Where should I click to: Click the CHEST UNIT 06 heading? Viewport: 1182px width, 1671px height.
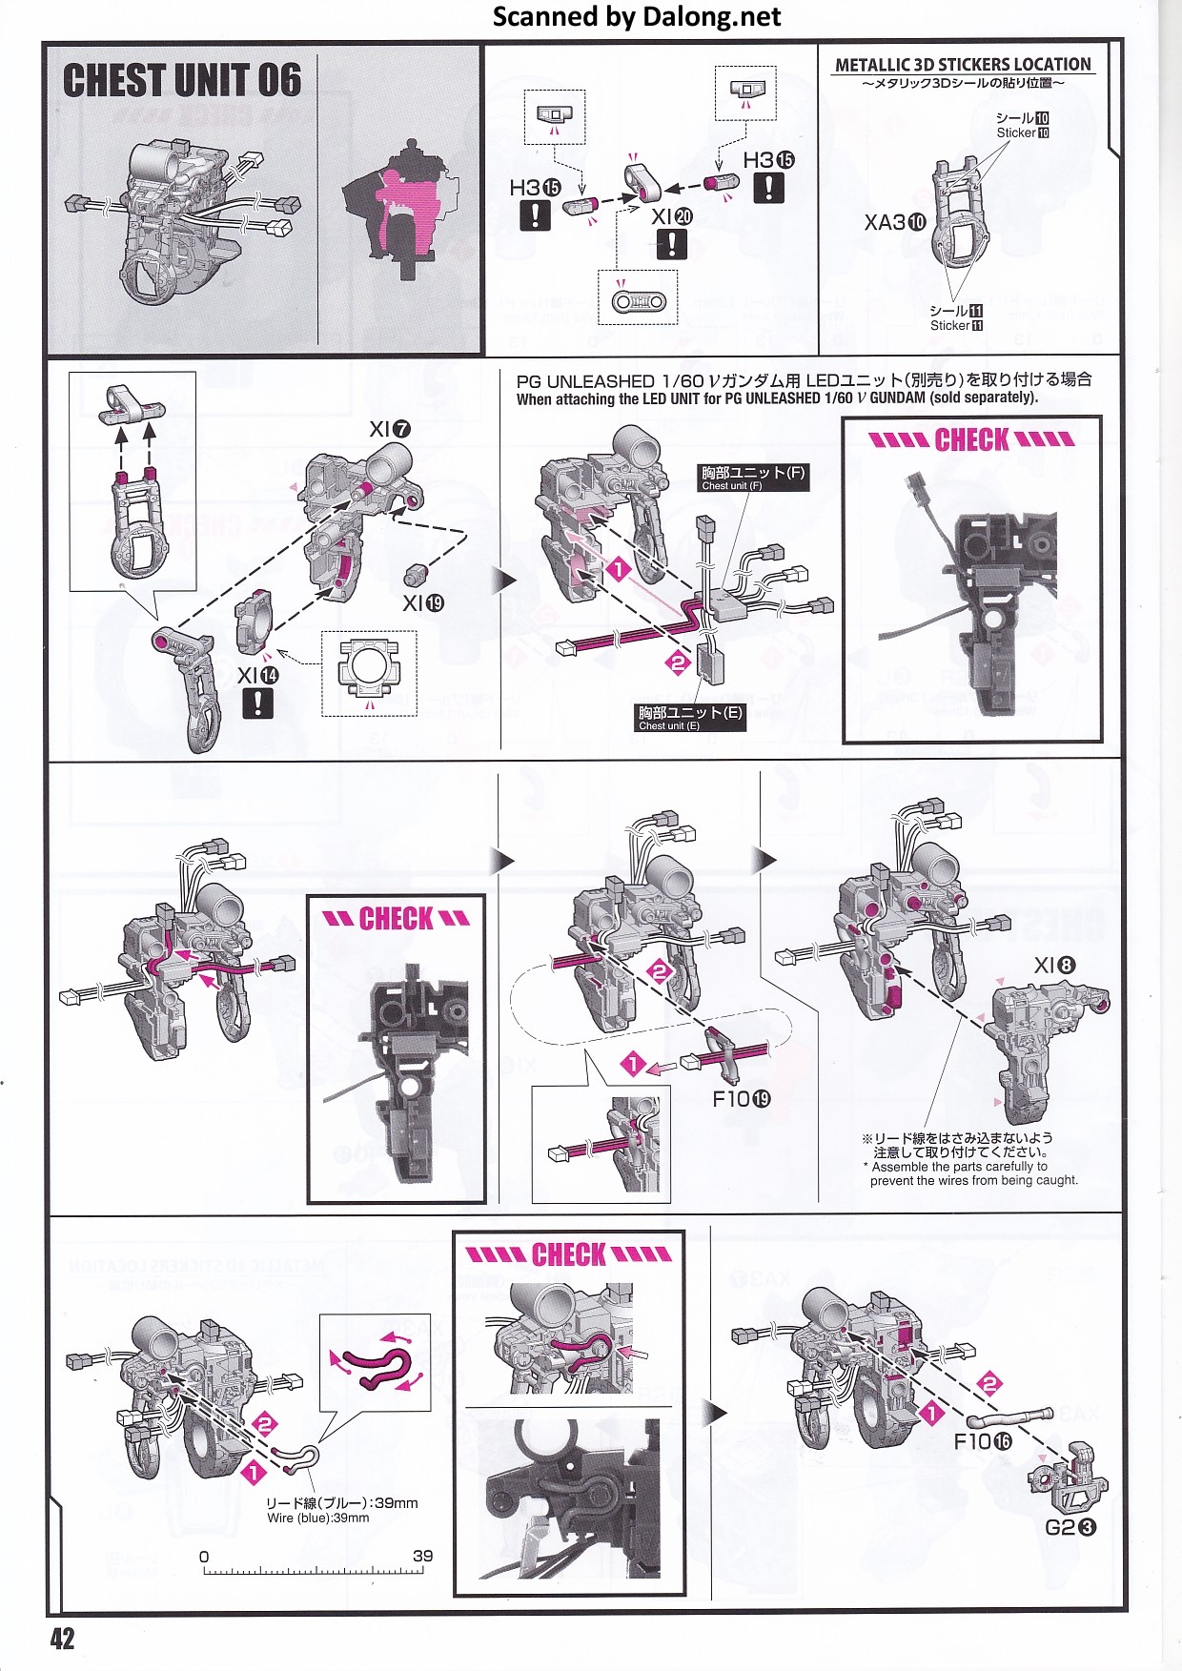pos(182,81)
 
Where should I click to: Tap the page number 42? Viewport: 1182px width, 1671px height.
pos(62,1639)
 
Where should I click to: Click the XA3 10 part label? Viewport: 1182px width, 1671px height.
pos(894,223)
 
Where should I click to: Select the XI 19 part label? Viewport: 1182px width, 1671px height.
pos(423,603)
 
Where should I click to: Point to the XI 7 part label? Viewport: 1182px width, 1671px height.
pos(390,430)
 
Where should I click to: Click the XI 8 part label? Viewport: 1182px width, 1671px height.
pos(1055,966)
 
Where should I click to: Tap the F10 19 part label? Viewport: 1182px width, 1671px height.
pos(742,1099)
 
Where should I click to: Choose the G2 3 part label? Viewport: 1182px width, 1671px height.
pos(1070,1527)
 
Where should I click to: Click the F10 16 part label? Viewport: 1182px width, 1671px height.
pos(983,1441)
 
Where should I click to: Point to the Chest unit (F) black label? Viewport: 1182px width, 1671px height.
pos(753,478)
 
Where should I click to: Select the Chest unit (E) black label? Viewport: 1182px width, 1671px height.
pos(691,718)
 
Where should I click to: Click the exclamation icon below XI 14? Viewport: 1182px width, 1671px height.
pos(257,703)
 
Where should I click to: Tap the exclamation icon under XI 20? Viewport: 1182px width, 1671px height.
pos(671,245)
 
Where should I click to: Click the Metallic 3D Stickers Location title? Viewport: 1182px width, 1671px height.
pos(963,65)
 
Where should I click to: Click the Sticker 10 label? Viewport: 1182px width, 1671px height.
pos(1023,126)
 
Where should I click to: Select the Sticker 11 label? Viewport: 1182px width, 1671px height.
pos(956,318)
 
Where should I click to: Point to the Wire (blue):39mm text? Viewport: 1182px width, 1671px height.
pos(317,1518)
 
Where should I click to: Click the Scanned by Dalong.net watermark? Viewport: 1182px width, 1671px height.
pos(637,16)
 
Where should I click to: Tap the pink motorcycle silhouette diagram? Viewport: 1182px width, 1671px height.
pos(400,205)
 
